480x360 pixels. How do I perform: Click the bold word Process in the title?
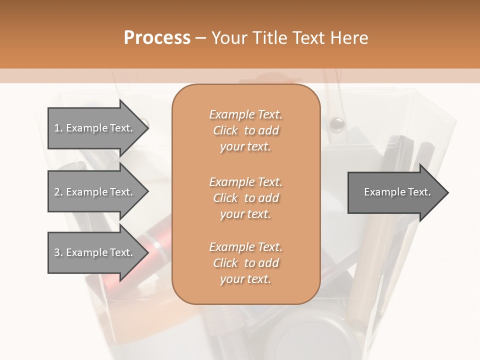point(157,38)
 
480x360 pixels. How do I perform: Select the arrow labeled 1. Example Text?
point(95,128)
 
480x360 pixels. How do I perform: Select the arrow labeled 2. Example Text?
point(95,192)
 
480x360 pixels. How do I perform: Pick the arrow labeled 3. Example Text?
point(95,252)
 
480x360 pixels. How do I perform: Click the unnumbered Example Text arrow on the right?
point(395,192)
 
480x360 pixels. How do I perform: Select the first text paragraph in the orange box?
point(245,130)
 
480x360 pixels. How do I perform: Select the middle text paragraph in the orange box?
point(245,197)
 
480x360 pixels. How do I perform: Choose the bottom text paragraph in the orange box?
point(245,263)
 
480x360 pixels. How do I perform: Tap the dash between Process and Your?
point(200,38)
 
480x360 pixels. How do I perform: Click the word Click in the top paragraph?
point(225,130)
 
